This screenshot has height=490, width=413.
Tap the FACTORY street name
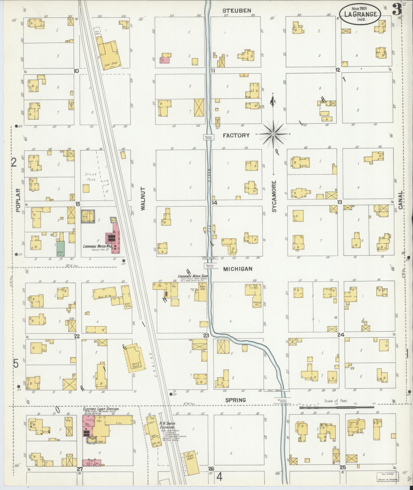point(236,135)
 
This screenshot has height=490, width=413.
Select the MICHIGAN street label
point(238,269)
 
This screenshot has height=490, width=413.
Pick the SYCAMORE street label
point(274,196)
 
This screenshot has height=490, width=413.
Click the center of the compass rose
point(273,134)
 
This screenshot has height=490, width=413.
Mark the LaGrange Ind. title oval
point(360,15)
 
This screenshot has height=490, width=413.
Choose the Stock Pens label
point(90,177)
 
